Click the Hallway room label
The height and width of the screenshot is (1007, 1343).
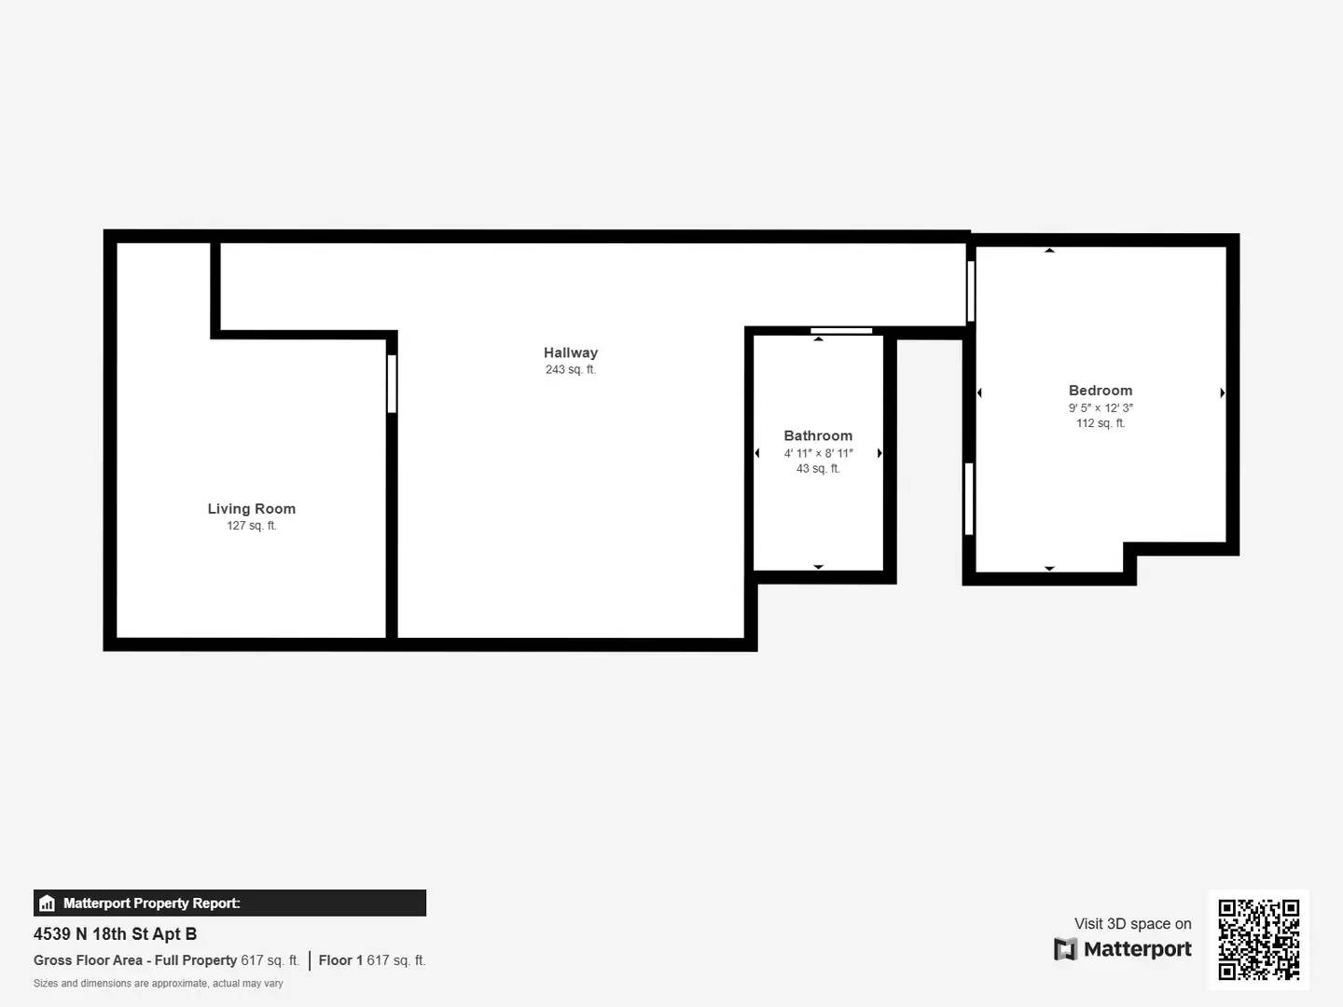point(571,352)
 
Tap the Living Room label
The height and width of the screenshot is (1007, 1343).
point(251,508)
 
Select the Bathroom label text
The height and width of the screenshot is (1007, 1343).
point(818,435)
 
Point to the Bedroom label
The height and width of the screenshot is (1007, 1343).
point(1101,391)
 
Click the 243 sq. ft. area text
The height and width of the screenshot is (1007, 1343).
point(571,370)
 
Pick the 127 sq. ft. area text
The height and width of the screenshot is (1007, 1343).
point(251,526)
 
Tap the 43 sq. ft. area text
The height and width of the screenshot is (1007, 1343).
point(818,469)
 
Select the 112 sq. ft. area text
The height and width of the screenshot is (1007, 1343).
point(1101,423)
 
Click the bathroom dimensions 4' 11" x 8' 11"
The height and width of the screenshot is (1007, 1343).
point(818,453)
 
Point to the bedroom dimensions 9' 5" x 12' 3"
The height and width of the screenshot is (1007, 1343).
point(1101,407)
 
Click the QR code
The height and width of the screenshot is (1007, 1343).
point(1258,939)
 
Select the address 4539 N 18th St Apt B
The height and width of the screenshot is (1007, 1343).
point(115,933)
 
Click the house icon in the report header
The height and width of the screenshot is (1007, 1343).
point(47,903)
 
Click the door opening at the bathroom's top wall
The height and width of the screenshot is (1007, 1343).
point(841,330)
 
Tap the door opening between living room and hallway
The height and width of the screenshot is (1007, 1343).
point(392,383)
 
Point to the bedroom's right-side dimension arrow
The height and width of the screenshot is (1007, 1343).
point(1222,393)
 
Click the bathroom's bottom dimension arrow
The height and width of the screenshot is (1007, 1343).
point(818,566)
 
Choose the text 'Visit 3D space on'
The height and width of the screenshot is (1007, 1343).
point(1132,923)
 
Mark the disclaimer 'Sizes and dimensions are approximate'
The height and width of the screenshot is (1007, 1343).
point(158,983)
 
